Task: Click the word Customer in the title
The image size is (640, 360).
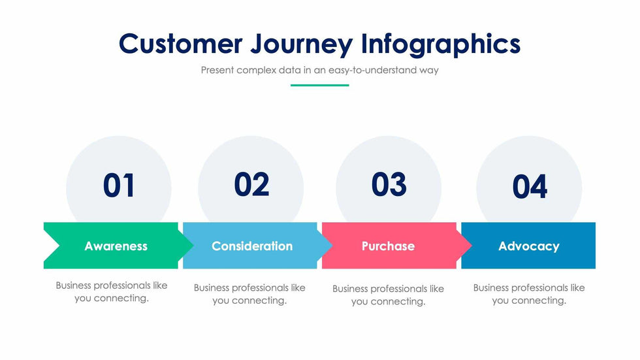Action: point(180,43)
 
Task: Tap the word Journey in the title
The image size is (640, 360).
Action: point(302,45)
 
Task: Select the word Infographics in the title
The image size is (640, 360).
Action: point(441,44)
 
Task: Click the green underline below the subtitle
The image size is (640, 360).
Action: point(319,86)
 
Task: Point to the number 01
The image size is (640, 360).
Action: point(119,186)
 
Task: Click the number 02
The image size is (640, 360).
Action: point(251,184)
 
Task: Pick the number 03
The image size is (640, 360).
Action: point(389,184)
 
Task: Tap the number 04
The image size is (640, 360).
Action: point(530,186)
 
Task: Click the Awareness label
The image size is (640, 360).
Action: point(116,246)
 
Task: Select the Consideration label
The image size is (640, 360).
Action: point(252,246)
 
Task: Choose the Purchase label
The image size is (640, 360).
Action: point(388,246)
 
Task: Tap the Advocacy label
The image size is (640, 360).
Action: point(529,246)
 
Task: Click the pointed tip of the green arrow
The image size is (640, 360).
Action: point(193,245)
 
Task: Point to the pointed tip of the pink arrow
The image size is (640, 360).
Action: point(472,245)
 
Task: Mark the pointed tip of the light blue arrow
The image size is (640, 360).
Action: point(332,245)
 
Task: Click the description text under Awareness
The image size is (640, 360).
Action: point(112,292)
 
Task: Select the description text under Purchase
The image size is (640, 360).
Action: point(388,295)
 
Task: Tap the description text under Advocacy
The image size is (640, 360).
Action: point(529,294)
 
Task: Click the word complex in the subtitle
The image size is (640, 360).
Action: point(256,71)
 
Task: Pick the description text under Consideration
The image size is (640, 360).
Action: point(249,294)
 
